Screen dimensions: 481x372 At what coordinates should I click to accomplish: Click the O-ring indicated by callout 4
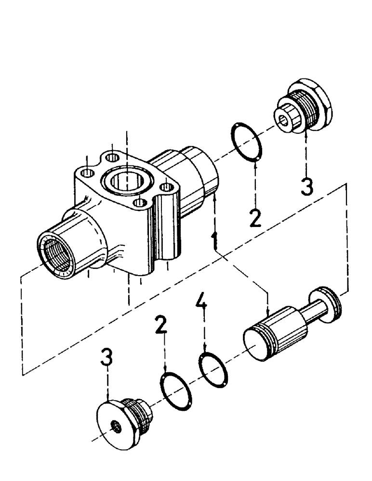coord(213,368)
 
